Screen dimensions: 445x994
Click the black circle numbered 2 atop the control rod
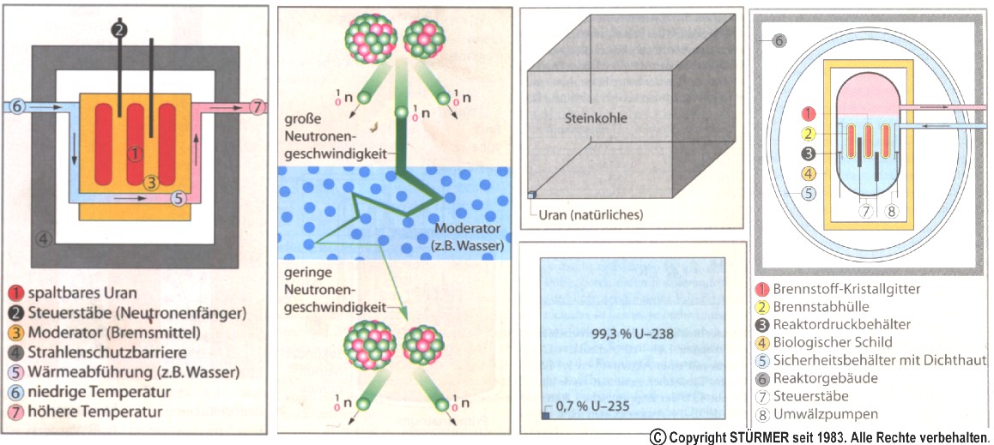(120, 28)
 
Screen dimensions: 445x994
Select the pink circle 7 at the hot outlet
(258, 107)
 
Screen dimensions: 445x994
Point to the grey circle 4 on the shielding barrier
(41, 238)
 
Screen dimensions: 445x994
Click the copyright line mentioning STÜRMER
(819, 436)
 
